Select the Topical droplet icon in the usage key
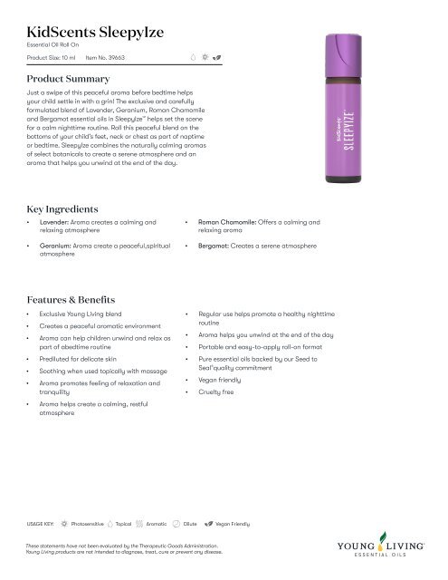tap(110, 525)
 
